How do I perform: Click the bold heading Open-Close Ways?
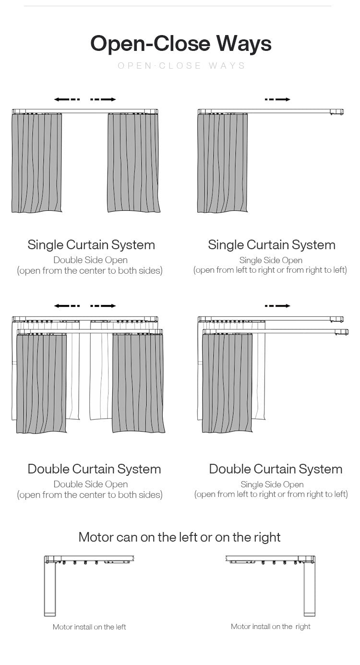[x=181, y=43]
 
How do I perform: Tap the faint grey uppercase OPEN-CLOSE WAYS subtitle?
[x=181, y=66]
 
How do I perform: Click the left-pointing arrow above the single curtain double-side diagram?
[x=67, y=99]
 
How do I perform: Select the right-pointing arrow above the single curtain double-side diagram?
[x=103, y=99]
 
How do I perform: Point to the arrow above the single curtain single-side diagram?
[x=277, y=99]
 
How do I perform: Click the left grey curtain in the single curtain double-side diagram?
[x=37, y=163]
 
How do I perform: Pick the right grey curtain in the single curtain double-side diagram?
[x=132, y=163]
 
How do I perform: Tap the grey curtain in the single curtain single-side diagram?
[x=222, y=163]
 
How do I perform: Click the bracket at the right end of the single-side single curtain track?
[x=336, y=112]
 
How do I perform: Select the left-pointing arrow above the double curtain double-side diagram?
[x=67, y=306]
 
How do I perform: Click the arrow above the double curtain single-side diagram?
[x=277, y=306]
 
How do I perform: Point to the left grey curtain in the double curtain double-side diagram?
[x=41, y=384]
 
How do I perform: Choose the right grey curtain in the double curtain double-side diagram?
[x=138, y=384]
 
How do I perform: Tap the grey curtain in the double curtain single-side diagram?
[x=227, y=384]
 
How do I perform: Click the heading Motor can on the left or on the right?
[x=180, y=537]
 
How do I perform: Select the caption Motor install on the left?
[x=89, y=627]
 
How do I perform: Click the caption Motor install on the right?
[x=270, y=627]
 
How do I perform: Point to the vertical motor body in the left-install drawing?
[x=50, y=591]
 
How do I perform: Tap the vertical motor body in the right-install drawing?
[x=310, y=591]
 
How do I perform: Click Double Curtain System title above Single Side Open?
[x=276, y=469]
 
